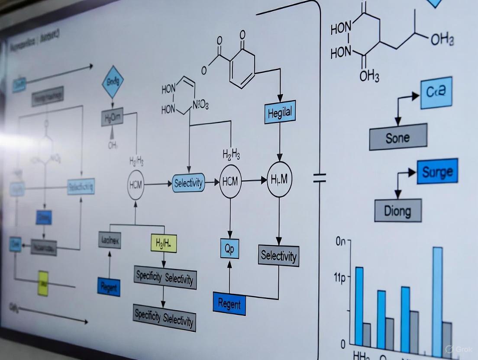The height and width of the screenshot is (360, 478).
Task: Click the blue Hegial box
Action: tap(280, 113)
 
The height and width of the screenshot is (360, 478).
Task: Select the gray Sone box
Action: tap(398, 137)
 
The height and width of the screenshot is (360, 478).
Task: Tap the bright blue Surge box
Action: tap(437, 172)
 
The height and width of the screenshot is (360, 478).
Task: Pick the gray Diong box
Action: tap(397, 211)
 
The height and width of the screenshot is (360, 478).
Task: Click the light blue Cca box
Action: tap(436, 93)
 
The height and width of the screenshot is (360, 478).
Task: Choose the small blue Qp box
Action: tap(229, 248)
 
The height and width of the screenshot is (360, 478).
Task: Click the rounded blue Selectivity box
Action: tap(188, 183)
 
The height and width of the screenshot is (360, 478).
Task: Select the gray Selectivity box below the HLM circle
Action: tap(279, 256)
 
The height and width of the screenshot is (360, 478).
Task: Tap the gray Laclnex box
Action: tap(110, 239)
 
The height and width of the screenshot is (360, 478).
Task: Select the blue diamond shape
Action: tap(113, 81)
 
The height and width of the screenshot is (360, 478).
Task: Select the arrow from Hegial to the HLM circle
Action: tap(279, 143)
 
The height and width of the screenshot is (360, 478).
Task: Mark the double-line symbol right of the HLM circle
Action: tap(320, 178)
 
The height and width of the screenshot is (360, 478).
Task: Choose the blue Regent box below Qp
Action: tap(229, 303)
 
